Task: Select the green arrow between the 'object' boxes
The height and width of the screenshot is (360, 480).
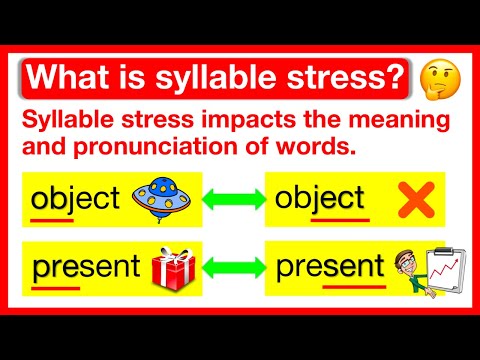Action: [233, 198]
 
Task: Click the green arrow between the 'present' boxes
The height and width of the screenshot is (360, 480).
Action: [233, 268]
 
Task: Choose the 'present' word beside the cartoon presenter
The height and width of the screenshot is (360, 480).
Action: [330, 268]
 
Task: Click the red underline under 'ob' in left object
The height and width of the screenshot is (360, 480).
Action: [52, 216]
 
